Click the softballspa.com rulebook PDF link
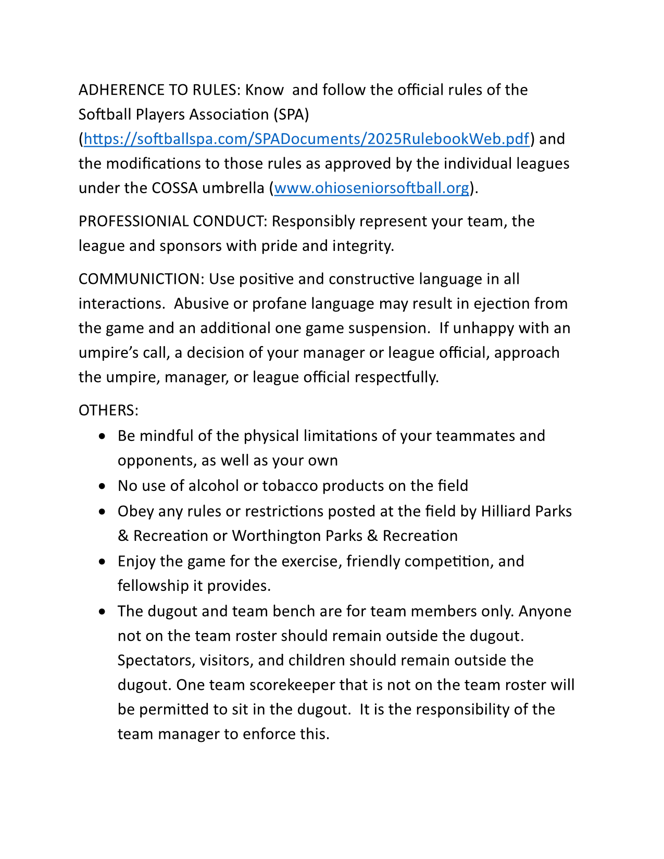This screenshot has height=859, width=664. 306,139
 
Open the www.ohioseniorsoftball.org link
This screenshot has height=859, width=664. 371,188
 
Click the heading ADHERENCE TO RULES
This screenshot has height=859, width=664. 158,90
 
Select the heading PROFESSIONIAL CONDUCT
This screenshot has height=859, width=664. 172,221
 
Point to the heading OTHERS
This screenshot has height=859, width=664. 108,410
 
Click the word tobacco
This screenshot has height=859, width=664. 290,486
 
